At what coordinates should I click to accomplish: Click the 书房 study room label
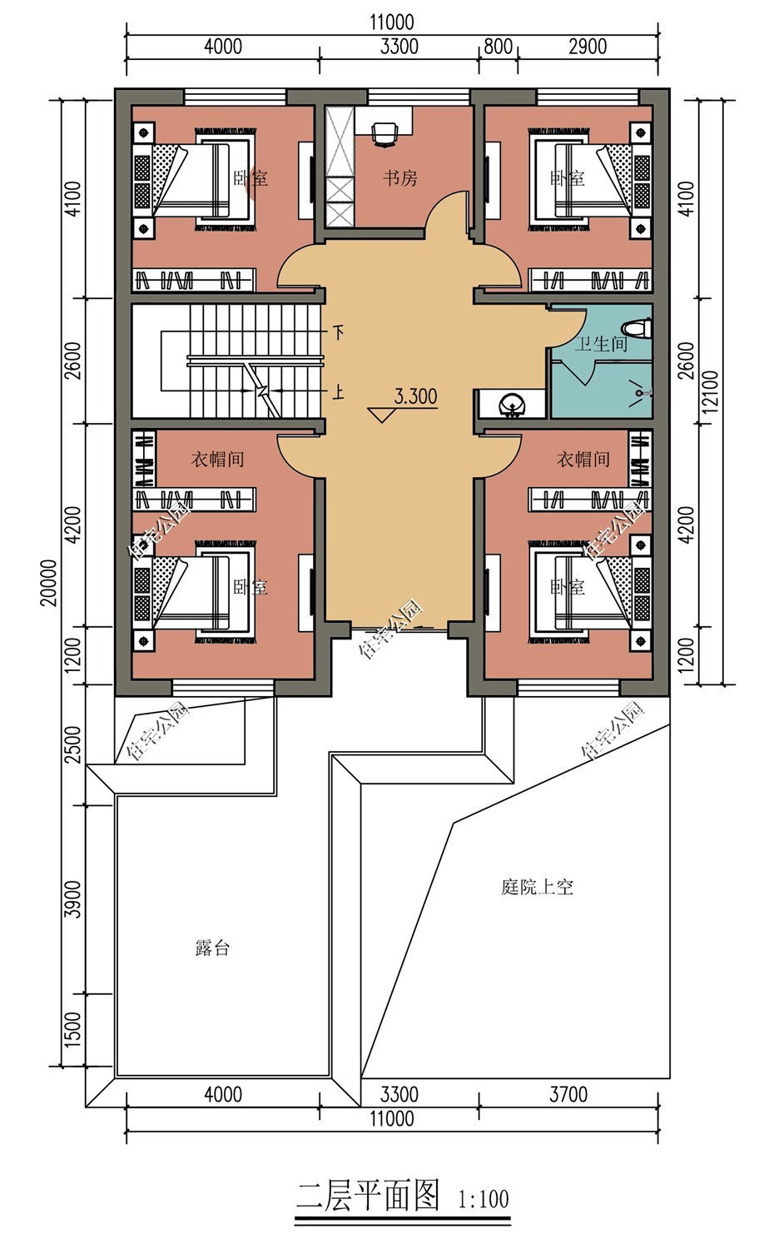point(399,178)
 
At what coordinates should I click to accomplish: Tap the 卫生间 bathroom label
point(601,343)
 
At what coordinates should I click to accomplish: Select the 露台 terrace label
point(212,948)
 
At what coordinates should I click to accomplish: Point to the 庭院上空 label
point(537,888)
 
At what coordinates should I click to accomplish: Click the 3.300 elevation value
point(415,396)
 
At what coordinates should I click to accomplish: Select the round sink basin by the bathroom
point(510,406)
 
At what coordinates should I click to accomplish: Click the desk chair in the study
point(383,132)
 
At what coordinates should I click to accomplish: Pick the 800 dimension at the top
point(498,47)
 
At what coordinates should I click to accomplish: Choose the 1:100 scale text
point(483,1200)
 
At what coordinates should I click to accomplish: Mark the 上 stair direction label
point(338,391)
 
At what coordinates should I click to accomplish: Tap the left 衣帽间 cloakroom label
point(218,459)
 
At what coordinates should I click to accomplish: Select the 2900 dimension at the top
point(588,47)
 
